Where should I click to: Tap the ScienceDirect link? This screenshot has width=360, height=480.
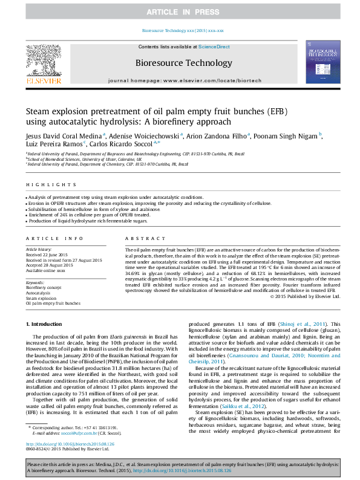(x=214, y=47)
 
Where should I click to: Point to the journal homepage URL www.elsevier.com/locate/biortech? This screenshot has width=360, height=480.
(x=203, y=80)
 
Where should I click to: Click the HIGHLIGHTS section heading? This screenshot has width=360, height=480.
(x=42, y=185)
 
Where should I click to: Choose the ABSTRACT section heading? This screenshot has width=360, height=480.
(x=140, y=239)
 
